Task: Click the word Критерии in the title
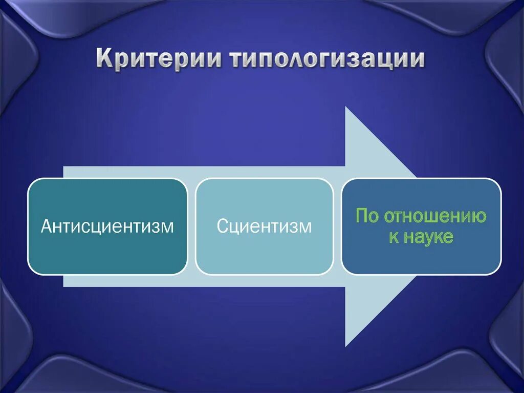pyautogui.click(x=159, y=58)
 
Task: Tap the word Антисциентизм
pyautogui.click(x=107, y=226)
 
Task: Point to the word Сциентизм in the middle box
pyautogui.click(x=264, y=226)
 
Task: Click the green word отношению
pyautogui.click(x=435, y=216)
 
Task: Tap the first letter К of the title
pyautogui.click(x=104, y=58)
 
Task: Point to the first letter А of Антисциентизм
pyautogui.click(x=46, y=226)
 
